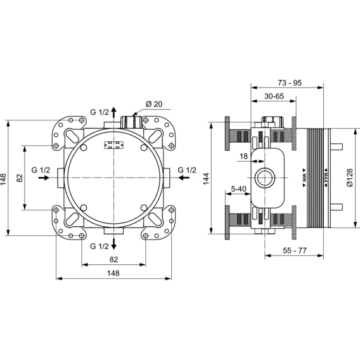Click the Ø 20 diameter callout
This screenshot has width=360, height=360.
tap(154, 104)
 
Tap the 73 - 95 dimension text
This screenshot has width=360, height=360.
tap(290, 82)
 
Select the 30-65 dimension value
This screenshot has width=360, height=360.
tap(274, 96)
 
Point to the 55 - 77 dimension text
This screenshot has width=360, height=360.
tap(295, 250)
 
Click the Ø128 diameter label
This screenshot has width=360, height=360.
tap(349, 177)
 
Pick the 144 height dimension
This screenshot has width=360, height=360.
tap(206, 179)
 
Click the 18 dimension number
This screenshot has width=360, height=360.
tap(243, 157)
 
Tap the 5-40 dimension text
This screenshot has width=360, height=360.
tap(238, 189)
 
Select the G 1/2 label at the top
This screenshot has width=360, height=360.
tap(100, 112)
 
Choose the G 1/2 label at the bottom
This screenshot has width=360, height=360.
tap(99, 247)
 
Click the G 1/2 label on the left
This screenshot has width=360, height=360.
tap(41, 170)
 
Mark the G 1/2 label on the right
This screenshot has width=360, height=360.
tap(187, 170)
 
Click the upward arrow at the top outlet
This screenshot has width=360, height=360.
tap(113, 112)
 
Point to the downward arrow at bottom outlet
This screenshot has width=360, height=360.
tap(113, 244)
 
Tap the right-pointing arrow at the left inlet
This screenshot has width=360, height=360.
tap(44, 177)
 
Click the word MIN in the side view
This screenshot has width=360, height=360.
tap(304, 177)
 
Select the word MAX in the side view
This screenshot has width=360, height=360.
tap(326, 177)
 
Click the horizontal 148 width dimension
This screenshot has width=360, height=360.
tap(113, 273)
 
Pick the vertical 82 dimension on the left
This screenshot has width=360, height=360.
tap(20, 178)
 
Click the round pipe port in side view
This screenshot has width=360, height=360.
tap(265, 177)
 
